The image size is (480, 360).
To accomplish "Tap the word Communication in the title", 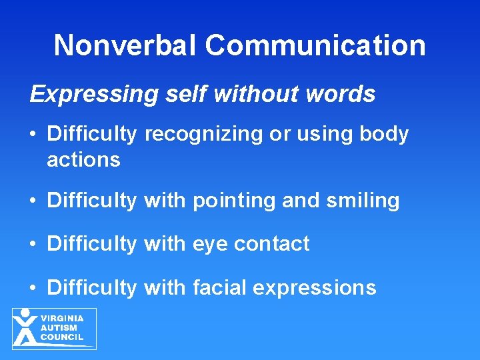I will coord(315,45).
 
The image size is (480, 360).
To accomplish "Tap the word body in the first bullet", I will coord(384,134).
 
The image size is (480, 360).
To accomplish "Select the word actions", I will coord(83,160).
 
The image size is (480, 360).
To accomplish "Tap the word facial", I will coord(221,287).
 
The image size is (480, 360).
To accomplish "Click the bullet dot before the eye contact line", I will coord(33,245).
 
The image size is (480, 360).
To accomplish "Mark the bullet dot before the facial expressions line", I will coord(33,288).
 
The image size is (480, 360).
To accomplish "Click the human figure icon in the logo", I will coord(25,327).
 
